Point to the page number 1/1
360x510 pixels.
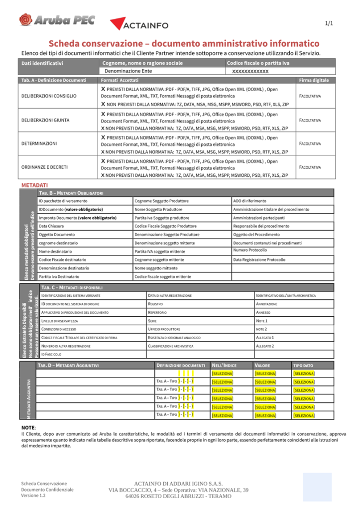click(329, 23)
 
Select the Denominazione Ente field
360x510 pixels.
click(128, 71)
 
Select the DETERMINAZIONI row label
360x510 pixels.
click(39, 143)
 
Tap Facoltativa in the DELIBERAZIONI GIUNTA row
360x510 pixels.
click(310, 120)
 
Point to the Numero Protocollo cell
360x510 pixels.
click(250, 250)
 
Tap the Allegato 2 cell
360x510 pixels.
click(265, 346)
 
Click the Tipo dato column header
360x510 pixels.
click(303, 365)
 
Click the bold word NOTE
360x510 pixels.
click(28, 428)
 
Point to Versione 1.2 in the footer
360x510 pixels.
click(33, 496)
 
